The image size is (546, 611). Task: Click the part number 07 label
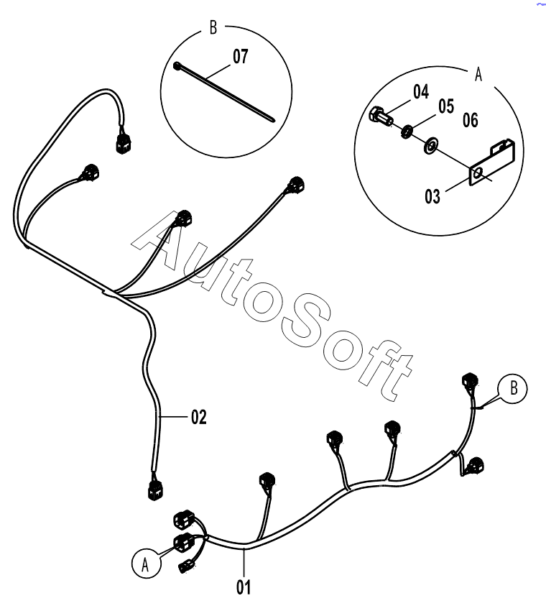[240, 57]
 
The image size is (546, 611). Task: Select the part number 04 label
[421, 91]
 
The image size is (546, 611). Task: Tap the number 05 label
[446, 106]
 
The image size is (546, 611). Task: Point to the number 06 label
[470, 120]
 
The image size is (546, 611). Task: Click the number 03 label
[432, 196]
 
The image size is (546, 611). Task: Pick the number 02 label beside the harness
[198, 418]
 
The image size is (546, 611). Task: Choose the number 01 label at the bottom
[244, 587]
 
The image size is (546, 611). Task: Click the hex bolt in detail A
[381, 116]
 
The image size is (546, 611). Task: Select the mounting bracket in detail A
[492, 162]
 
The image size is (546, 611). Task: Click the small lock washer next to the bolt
[407, 132]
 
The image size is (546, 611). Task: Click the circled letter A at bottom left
[146, 564]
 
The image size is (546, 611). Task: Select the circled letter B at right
[513, 388]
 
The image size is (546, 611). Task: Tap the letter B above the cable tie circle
[213, 27]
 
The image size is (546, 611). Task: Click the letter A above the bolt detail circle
[478, 74]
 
